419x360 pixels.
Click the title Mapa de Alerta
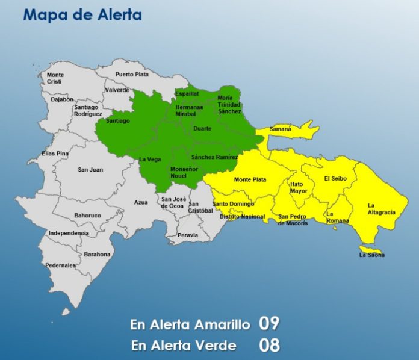82,14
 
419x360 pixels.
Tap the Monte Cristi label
55,78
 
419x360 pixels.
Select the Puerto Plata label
132,75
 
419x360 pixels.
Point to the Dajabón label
63,99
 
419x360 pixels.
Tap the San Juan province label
90,170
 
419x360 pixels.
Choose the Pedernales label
61,265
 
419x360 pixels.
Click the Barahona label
97,254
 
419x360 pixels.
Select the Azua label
141,202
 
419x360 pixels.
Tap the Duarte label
202,129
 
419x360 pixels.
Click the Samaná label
281,129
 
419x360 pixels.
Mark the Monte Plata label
250,179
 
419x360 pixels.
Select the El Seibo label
335,178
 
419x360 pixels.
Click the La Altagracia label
380,208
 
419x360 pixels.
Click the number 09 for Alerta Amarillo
269,323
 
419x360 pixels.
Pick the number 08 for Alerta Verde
269,345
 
